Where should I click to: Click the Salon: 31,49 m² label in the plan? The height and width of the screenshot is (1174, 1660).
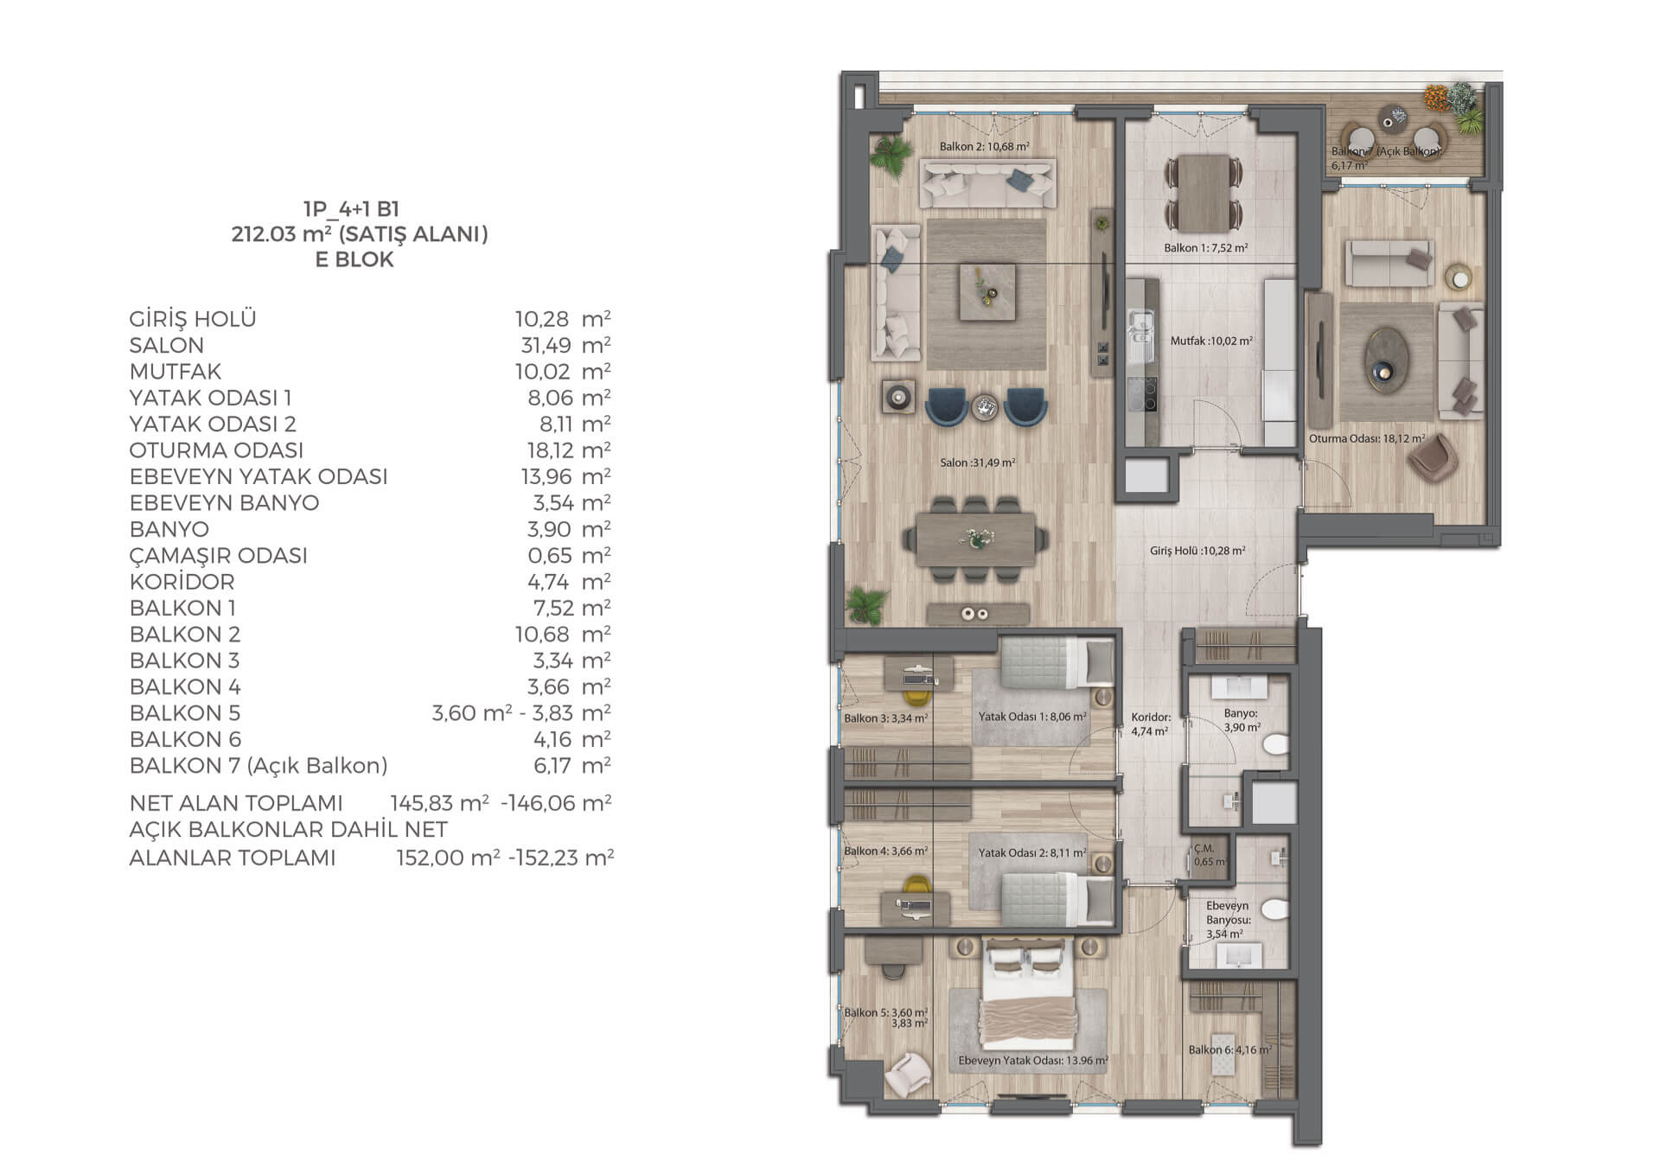coord(978,463)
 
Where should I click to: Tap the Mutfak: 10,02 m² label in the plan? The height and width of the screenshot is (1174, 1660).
coord(1211,341)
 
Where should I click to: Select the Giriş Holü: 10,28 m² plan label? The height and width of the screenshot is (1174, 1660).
coord(1197,551)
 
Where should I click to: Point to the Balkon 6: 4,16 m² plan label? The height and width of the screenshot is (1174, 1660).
coord(1229,1050)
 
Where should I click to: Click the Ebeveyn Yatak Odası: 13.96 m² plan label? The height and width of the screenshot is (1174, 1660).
coord(1033,1061)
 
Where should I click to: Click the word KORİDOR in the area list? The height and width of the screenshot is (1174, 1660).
coord(182,582)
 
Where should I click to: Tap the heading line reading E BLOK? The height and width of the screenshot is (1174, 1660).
coord(354,259)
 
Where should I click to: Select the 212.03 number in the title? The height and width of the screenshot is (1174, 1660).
coord(264,233)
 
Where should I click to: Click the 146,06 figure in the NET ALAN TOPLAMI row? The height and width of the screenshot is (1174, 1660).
coord(541,803)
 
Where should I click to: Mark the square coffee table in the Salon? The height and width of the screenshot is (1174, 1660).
coord(986,291)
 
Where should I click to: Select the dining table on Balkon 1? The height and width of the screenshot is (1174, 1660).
coord(1204,193)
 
